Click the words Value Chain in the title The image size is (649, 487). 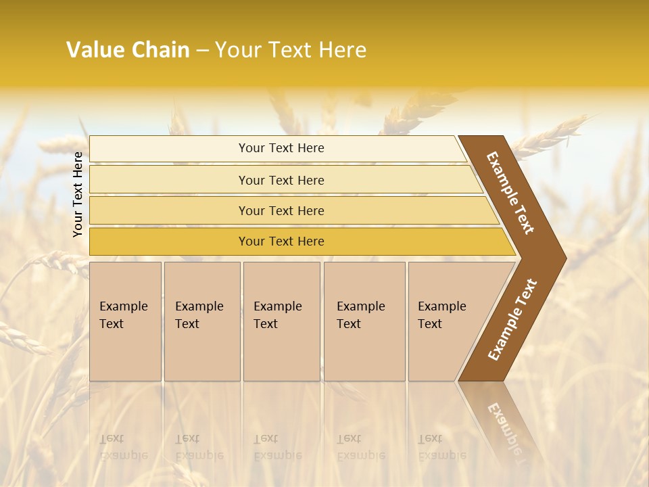[x=128, y=50]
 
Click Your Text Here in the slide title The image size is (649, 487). [x=291, y=50]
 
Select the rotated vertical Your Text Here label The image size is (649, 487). [x=78, y=194]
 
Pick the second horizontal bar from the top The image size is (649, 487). [x=281, y=180]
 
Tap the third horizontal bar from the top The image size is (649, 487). [x=281, y=210]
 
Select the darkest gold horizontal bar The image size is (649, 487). [x=281, y=241]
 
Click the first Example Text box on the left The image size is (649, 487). [x=125, y=321]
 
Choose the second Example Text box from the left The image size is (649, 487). [x=202, y=321]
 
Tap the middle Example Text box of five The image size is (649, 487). [x=281, y=321]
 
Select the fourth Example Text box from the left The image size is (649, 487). [x=364, y=321]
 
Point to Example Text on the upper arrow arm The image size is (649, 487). [x=511, y=192]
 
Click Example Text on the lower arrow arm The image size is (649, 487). [x=512, y=320]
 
